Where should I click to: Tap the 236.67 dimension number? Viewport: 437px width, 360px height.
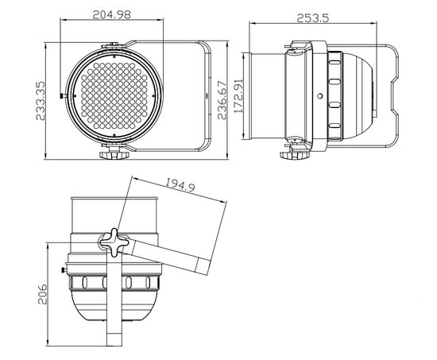pos(227,96)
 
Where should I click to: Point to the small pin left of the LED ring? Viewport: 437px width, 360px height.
pos(64,97)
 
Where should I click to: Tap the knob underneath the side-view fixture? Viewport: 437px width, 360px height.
pos(294,152)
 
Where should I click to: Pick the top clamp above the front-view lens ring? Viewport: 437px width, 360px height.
pos(116,44)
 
